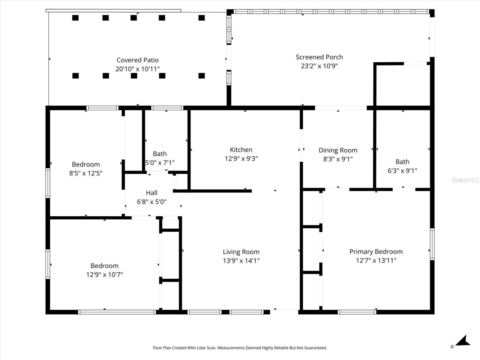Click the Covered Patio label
[x=137, y=60]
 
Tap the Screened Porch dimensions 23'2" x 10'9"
[x=319, y=66]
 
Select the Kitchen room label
[x=241, y=150]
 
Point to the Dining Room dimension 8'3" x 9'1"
[x=338, y=159]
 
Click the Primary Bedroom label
[x=376, y=252]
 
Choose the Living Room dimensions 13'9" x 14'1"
[x=241, y=261]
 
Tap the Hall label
[x=151, y=193]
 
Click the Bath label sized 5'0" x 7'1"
[x=160, y=154]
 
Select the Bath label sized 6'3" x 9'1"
[x=402, y=162]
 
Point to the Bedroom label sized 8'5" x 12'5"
[x=86, y=164]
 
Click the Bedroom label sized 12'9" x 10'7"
[x=104, y=266]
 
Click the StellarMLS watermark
[x=465, y=180]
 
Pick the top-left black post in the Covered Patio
[x=75, y=18]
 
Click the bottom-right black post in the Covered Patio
[x=202, y=76]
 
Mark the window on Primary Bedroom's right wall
[x=432, y=244]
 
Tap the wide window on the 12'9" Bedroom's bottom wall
[x=117, y=312]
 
